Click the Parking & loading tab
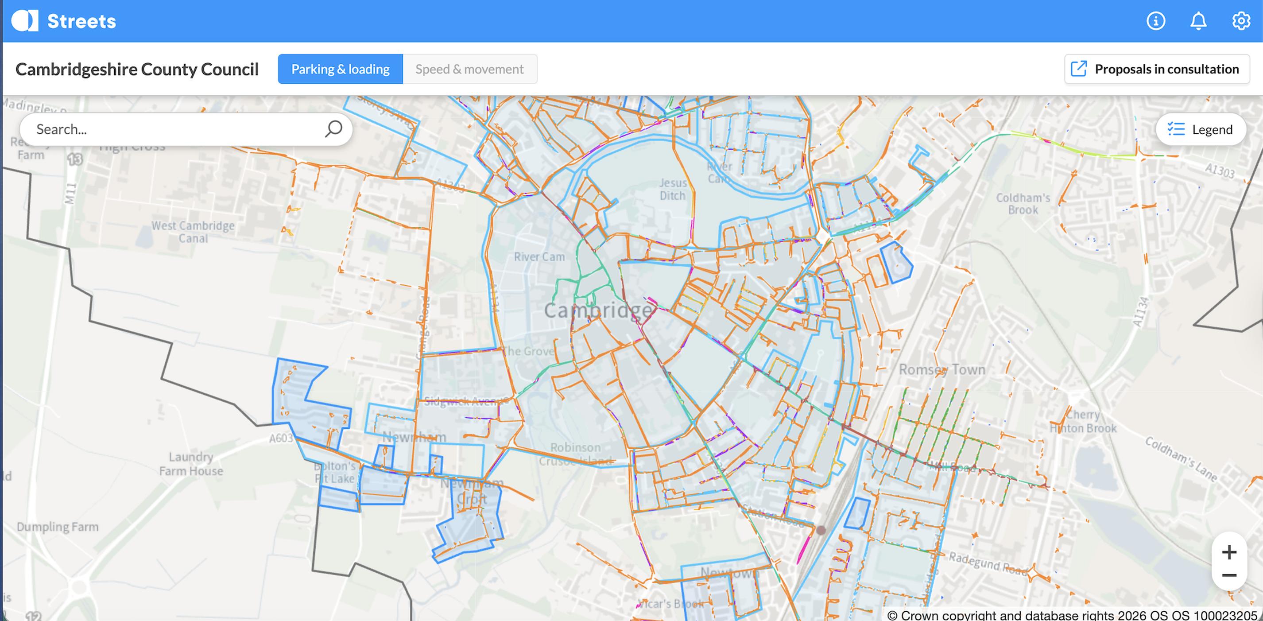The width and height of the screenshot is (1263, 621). tap(340, 69)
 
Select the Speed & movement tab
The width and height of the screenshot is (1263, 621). tap(469, 69)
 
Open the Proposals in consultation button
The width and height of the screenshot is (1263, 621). tap(1157, 69)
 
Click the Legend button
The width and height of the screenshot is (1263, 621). tap(1201, 129)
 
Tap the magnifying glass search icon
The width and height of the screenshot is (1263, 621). tap(333, 129)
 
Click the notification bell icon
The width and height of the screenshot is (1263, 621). tap(1198, 21)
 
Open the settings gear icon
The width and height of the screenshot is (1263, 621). tap(1241, 21)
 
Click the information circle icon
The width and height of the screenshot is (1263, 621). tap(1156, 21)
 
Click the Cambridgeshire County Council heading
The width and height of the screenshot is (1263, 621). tap(137, 69)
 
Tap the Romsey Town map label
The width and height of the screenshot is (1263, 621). tap(941, 369)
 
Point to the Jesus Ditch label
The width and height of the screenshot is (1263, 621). tap(673, 189)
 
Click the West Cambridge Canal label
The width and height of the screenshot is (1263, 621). tap(193, 232)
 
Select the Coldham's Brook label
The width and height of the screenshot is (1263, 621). tap(1023, 204)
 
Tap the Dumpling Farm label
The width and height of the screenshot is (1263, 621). tap(58, 527)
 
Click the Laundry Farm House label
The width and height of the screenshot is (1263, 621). tap(191, 464)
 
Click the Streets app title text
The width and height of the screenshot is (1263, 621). tap(81, 21)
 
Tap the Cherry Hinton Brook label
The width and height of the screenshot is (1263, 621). tap(1083, 421)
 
